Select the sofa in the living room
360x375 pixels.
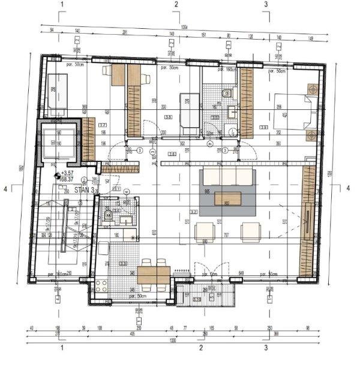228,176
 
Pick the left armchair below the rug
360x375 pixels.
205,231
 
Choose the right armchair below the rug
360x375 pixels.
250,231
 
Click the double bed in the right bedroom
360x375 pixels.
293,111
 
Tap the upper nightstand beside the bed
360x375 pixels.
311,89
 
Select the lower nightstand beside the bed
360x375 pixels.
311,135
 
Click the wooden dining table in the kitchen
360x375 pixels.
154,274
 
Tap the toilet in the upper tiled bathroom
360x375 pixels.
228,93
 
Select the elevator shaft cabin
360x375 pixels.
59,142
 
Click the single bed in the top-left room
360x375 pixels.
58,95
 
